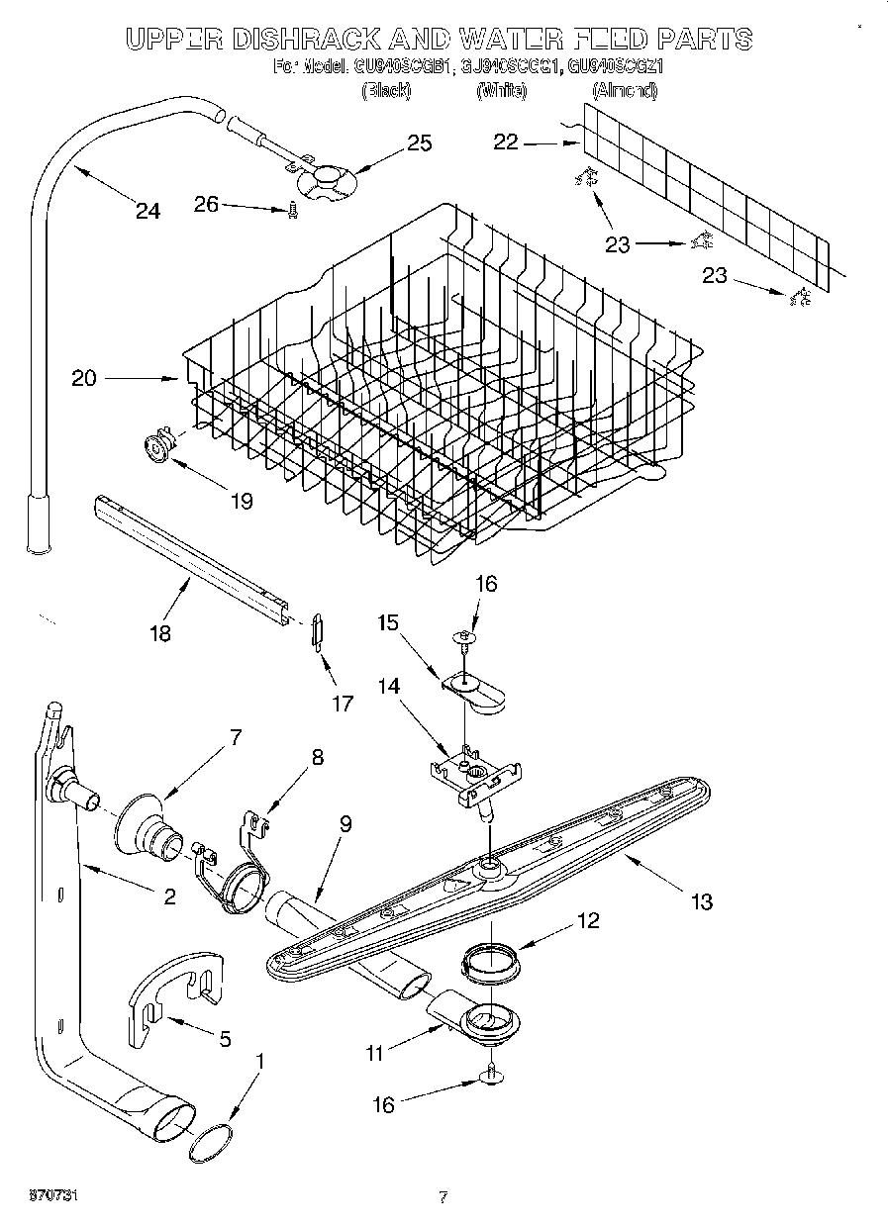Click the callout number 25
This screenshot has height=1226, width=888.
pos(420,143)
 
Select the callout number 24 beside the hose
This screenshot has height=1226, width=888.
pos(148,211)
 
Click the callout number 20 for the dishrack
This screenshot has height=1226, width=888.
pos(84,378)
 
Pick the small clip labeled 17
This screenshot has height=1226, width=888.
pos(317,629)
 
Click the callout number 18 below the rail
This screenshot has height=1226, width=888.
pos(159,633)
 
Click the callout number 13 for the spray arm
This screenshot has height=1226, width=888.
pos(701,901)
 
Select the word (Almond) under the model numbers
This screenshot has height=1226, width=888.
pos(624,91)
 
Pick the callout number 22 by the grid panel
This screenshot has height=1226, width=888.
pos(506,142)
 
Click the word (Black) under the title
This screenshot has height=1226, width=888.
pos(386,91)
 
